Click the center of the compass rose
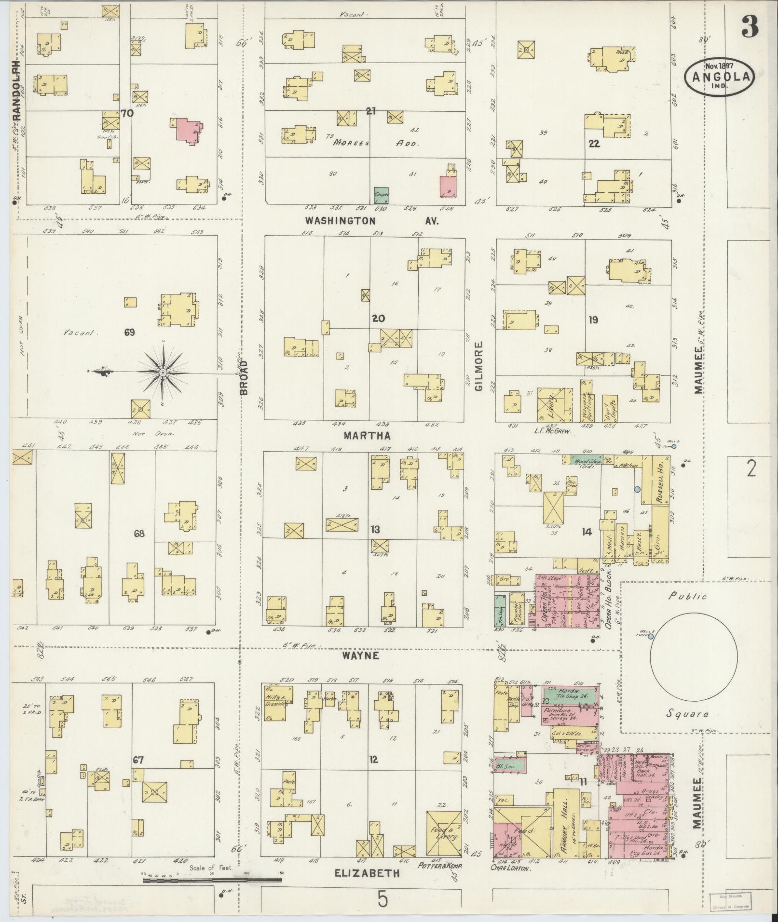click(x=163, y=373)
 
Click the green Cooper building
click(x=382, y=195)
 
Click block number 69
click(x=129, y=332)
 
